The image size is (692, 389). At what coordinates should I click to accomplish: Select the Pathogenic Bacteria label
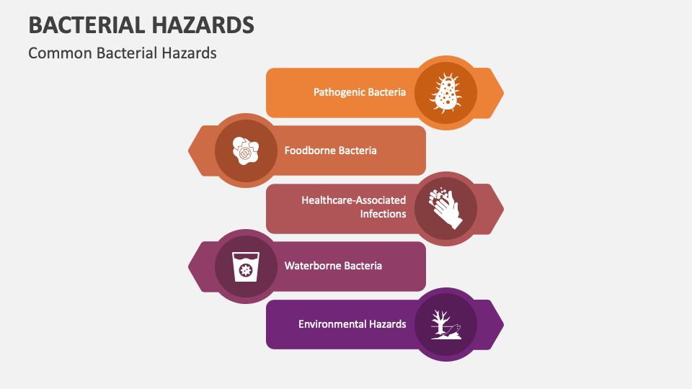pyautogui.click(x=359, y=92)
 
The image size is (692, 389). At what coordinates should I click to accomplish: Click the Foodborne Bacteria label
pyautogui.click(x=330, y=151)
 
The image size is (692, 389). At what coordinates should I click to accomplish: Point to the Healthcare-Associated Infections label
pyautogui.click(x=353, y=207)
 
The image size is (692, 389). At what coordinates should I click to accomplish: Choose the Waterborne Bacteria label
pyautogui.click(x=333, y=266)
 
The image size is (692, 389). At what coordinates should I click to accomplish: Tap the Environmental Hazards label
pyautogui.click(x=352, y=324)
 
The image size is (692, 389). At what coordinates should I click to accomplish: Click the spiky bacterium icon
pyautogui.click(x=446, y=93)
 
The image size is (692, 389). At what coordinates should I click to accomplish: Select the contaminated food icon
pyautogui.click(x=246, y=151)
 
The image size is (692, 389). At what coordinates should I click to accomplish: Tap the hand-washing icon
pyautogui.click(x=446, y=208)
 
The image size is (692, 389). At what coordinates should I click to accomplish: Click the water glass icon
pyautogui.click(x=246, y=267)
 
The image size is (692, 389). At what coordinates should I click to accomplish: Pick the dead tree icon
pyautogui.click(x=446, y=324)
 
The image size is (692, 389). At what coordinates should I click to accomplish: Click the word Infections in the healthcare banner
pyautogui.click(x=383, y=214)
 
